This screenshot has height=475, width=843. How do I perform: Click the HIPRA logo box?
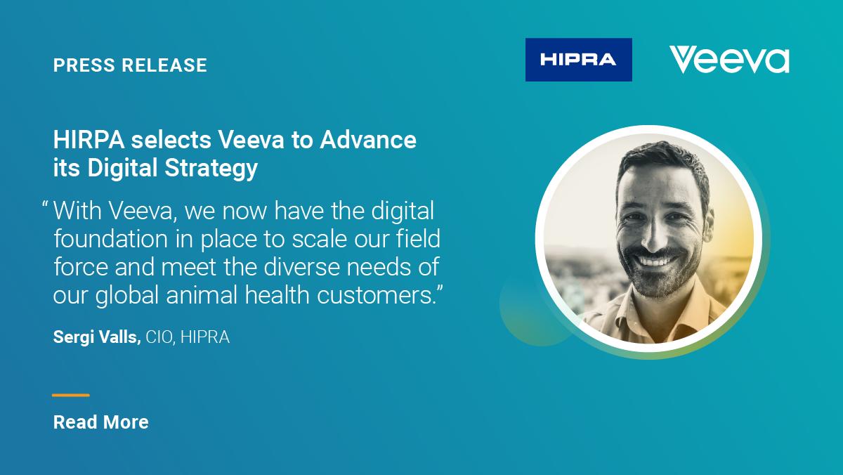(578, 60)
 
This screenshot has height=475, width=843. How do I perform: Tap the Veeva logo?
(729, 60)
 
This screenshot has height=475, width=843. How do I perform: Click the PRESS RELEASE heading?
(130, 65)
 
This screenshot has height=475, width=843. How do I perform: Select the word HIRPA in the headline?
(89, 140)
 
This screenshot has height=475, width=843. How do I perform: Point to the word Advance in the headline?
(368, 140)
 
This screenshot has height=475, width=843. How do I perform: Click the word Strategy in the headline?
(211, 168)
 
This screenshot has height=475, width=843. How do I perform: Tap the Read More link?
(101, 422)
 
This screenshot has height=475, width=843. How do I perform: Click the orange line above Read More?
(71, 395)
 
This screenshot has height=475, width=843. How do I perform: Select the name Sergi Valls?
(97, 337)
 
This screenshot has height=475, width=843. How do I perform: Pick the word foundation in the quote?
(111, 239)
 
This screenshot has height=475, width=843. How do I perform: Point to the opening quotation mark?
(45, 204)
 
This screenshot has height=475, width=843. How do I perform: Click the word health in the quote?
(277, 294)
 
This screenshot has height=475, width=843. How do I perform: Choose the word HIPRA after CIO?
(205, 337)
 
